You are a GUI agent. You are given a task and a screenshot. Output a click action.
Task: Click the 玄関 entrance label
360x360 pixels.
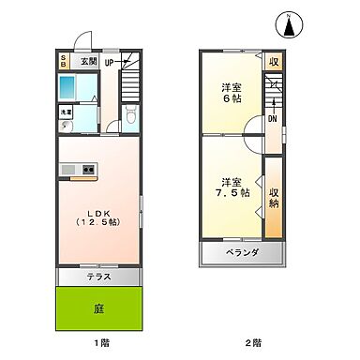87,62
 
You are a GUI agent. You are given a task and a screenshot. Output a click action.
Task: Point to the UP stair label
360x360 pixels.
109,63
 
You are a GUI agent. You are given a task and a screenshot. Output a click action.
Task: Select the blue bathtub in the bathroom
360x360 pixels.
69,89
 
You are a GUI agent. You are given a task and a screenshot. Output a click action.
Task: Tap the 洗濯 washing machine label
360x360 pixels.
66,112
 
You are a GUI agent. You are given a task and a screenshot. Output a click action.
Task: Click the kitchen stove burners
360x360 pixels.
88,170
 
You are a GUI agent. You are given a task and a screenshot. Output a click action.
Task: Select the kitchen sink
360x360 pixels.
68,170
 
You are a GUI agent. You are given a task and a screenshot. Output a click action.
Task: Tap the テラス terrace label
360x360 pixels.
100,277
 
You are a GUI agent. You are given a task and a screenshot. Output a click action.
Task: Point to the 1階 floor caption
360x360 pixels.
99,343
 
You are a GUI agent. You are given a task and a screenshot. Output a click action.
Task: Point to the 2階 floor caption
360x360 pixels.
252,343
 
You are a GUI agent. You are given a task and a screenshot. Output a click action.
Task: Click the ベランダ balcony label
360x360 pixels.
242,253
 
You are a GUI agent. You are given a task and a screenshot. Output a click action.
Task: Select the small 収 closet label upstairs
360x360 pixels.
274,63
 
